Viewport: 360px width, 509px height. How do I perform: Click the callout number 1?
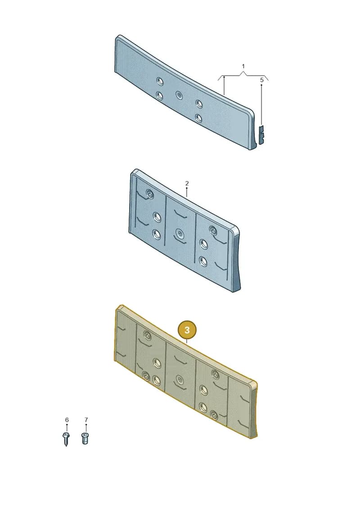tap(243, 66)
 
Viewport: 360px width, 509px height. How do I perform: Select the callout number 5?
tap(261, 80)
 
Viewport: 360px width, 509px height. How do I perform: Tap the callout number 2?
tap(187, 184)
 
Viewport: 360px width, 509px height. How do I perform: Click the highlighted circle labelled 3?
tap(187, 330)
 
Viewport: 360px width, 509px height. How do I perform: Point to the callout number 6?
tap(67, 420)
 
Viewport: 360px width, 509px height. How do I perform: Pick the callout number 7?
tap(86, 420)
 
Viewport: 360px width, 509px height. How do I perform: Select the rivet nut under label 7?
tap(85, 438)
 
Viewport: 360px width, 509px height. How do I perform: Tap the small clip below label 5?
tap(261, 135)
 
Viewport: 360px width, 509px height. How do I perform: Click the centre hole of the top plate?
tap(179, 95)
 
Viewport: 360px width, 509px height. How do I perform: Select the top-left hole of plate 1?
tap(159, 81)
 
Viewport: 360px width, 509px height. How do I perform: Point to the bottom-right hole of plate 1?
tap(199, 118)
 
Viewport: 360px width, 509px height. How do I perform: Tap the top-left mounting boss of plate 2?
tap(150, 194)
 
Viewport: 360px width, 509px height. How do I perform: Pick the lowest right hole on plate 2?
tap(203, 261)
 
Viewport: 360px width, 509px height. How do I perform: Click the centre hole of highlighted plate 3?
tap(179, 379)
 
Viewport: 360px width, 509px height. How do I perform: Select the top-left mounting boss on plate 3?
tap(147, 336)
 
